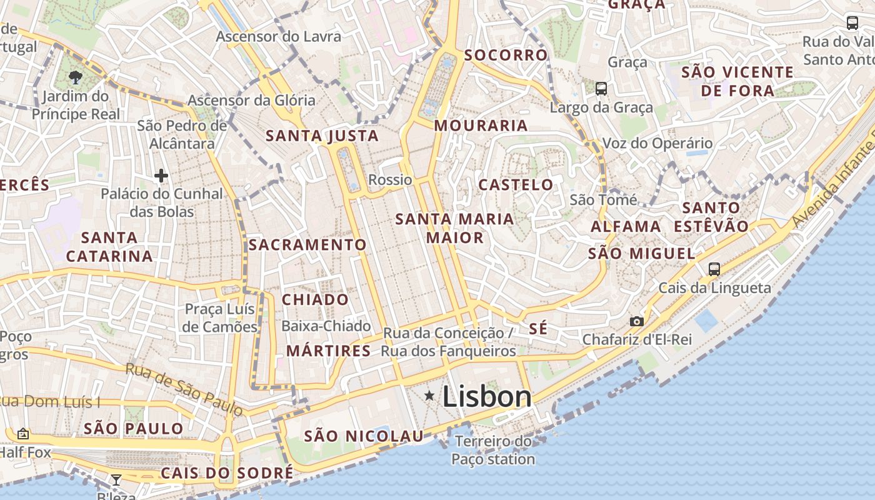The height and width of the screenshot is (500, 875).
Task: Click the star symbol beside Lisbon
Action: point(429,396)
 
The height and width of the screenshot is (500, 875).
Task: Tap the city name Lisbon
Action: point(487,397)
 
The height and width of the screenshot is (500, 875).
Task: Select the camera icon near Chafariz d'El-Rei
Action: point(636,321)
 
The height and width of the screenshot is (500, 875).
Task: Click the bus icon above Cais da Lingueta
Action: point(714,269)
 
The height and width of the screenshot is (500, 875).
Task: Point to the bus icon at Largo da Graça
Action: point(601,89)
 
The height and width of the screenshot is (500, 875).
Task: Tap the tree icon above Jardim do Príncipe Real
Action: point(76,77)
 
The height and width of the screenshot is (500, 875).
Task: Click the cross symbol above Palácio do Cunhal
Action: point(161,176)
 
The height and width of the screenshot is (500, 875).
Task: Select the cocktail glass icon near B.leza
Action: point(116,480)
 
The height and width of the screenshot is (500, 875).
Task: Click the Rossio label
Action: point(390,180)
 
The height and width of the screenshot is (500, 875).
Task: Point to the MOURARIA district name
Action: point(481,126)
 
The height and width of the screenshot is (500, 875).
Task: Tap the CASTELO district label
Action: point(516,184)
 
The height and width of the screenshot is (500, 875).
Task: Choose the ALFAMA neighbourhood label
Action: point(626,226)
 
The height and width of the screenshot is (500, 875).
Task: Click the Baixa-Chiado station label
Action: point(326,326)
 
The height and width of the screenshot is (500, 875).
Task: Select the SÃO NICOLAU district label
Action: point(364,436)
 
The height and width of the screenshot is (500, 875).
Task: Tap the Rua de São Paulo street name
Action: point(184,389)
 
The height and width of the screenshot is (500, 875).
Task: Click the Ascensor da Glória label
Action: point(252,100)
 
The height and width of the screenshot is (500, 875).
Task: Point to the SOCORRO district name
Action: point(506,55)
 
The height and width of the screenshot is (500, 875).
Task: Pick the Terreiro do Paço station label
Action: point(494,450)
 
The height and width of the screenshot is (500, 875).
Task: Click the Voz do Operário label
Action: point(657,143)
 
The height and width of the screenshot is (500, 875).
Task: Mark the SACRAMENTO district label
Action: point(307,244)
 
